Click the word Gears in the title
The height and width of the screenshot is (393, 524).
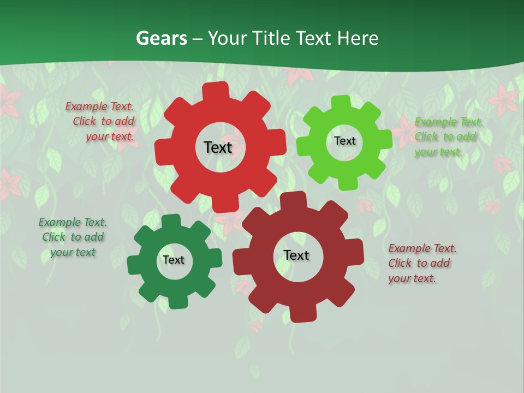(x=160, y=39)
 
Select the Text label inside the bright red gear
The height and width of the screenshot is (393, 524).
(x=218, y=147)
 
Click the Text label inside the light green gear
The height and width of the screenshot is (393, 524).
(x=344, y=141)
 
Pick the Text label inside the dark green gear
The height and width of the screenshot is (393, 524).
(x=173, y=260)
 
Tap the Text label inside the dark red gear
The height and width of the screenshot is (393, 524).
(x=296, y=255)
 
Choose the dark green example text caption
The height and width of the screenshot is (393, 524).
(x=73, y=237)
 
